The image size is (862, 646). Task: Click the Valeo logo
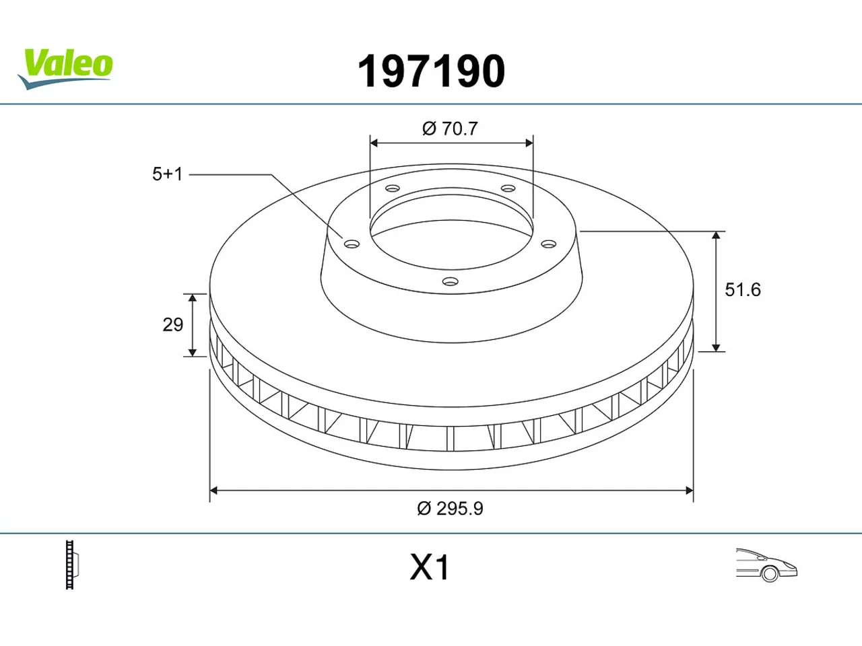(x=65, y=69)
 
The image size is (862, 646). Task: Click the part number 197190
(x=431, y=71)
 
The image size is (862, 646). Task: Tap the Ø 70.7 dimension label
(x=450, y=129)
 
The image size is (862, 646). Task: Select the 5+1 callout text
(x=168, y=174)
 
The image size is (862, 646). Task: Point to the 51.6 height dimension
(x=743, y=290)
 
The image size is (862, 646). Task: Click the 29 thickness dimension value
(x=173, y=325)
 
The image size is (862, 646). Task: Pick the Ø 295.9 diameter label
(x=450, y=509)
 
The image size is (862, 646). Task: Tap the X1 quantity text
(x=430, y=567)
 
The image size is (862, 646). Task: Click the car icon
(x=766, y=565)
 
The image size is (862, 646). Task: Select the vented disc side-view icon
(x=72, y=565)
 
